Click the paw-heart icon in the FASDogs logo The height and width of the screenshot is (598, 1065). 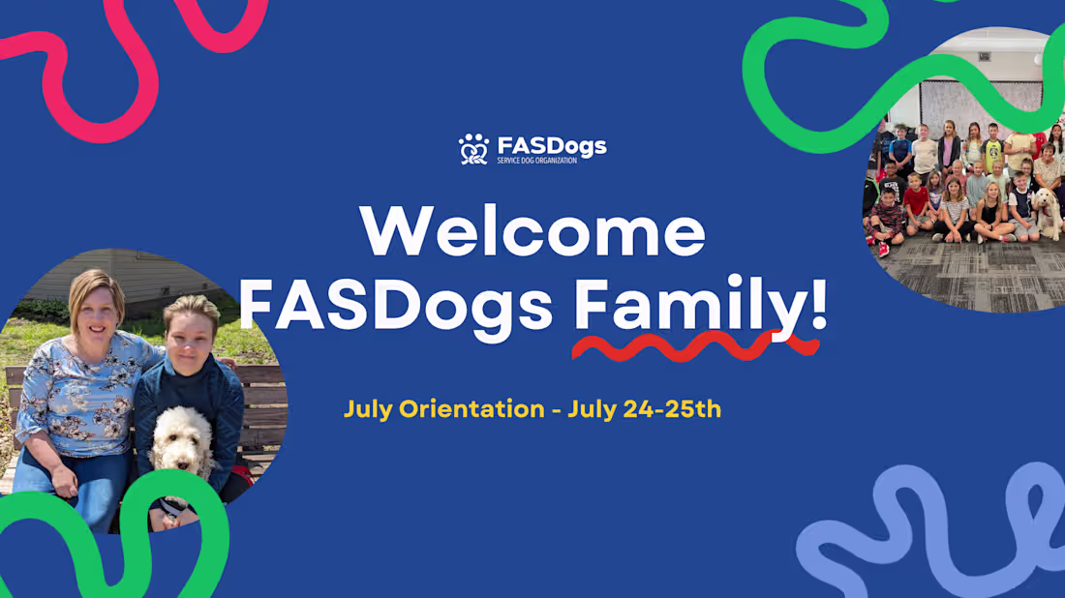tap(473, 149)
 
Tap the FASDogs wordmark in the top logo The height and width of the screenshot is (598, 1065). tap(551, 146)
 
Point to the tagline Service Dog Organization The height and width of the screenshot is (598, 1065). tap(536, 160)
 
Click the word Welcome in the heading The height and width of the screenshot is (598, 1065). tap(532, 231)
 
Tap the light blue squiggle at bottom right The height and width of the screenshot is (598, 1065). tap(929, 542)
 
